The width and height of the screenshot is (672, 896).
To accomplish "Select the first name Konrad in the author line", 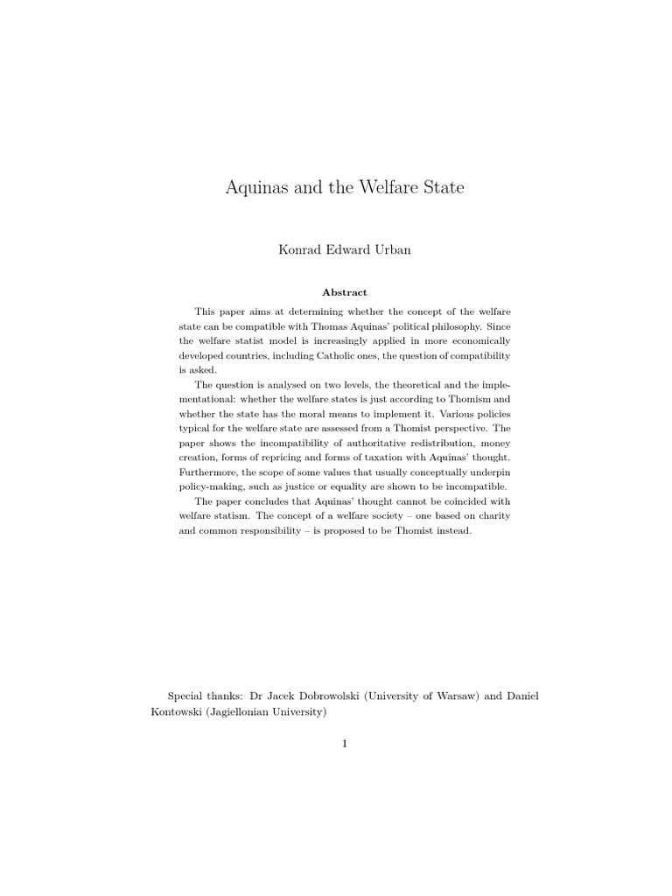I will [x=298, y=250].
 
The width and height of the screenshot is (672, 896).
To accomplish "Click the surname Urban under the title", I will [x=391, y=250].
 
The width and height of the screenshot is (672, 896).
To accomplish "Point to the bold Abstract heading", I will [x=344, y=292].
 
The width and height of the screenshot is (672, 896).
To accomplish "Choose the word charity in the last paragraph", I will [x=486, y=515].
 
